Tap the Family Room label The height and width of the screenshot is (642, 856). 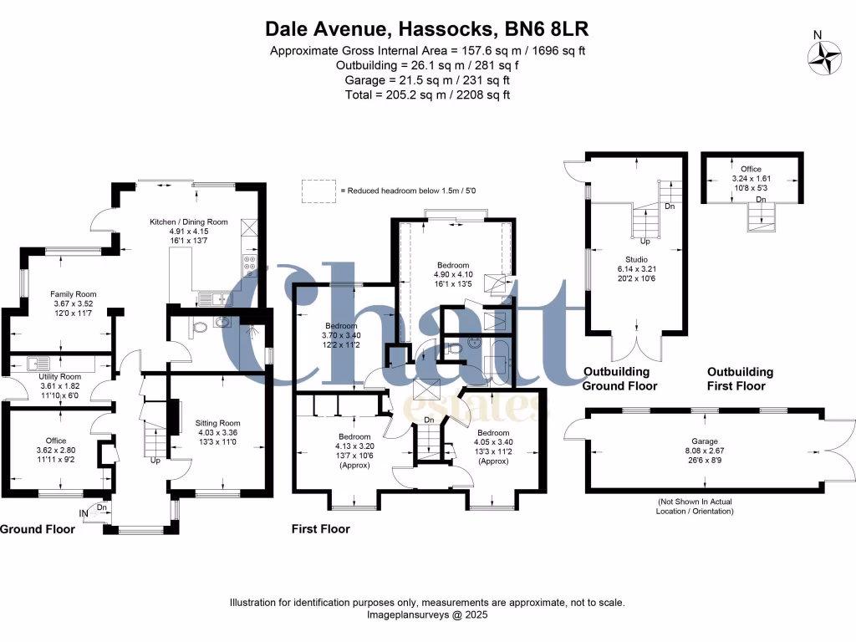(74, 294)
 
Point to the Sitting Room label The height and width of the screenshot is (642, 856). (217, 423)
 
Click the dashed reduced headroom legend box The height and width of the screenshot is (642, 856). (317, 191)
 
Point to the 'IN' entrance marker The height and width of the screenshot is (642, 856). (84, 512)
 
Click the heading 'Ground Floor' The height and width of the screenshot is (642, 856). (32, 529)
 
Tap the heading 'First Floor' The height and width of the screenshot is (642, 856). (320, 529)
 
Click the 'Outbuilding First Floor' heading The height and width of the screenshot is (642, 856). (740, 379)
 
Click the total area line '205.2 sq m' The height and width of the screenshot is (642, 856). (427, 94)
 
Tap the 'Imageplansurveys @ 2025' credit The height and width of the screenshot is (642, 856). (427, 614)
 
